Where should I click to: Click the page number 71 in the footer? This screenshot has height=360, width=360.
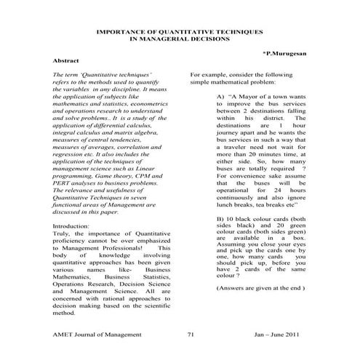click(190, 334)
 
